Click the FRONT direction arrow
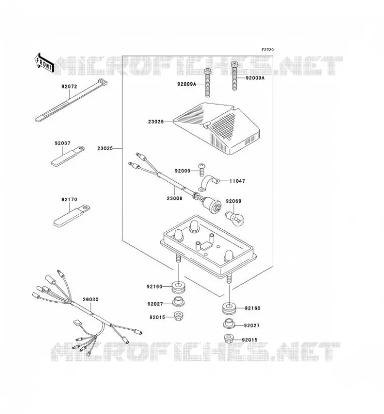click(x=44, y=63)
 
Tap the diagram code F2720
click(x=268, y=50)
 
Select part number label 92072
click(x=69, y=86)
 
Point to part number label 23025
click(x=105, y=149)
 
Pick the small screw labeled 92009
click(x=202, y=170)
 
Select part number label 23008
click(x=174, y=198)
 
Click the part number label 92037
click(x=63, y=143)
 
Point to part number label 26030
click(x=91, y=300)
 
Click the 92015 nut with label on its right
click(x=228, y=339)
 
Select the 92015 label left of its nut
click(x=157, y=317)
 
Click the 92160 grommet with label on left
click(x=178, y=288)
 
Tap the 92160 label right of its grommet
click(x=253, y=308)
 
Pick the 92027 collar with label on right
click(x=229, y=324)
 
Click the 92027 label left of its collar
click(x=155, y=304)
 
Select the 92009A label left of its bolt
click(x=187, y=84)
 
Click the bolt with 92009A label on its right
click(x=234, y=76)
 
